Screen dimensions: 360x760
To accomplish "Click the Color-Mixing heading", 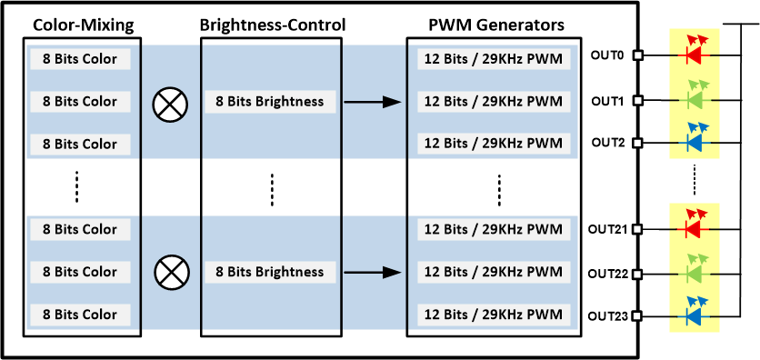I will (x=77, y=25).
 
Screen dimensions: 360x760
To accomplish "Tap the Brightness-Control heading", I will (x=271, y=25).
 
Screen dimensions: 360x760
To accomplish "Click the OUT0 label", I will (x=607, y=55).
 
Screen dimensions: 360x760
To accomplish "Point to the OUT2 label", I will (x=607, y=143).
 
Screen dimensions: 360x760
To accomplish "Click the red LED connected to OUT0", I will (x=695, y=54).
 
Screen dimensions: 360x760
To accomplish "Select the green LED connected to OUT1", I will (x=695, y=98).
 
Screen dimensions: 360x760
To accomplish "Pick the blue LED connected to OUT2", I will (x=695, y=142).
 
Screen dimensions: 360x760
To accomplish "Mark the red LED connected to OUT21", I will (x=695, y=227).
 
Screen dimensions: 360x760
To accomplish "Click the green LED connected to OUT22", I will (x=695, y=271).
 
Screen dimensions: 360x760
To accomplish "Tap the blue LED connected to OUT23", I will (x=695, y=315).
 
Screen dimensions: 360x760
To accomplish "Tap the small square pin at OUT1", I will (x=638, y=99).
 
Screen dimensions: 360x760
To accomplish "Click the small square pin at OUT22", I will (x=638, y=272).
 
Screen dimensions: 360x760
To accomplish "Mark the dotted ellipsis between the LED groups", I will (x=695, y=178).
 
